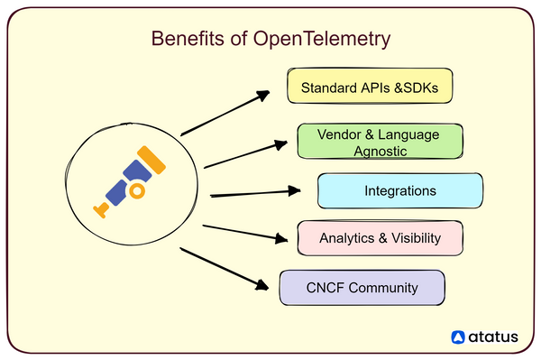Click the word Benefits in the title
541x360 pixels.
coord(180,41)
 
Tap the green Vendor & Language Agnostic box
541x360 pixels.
coord(379,143)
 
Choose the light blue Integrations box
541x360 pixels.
coord(399,191)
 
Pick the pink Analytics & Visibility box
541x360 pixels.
coord(380,239)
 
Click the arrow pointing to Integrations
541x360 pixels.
coord(254,192)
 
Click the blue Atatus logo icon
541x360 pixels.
coord(459,337)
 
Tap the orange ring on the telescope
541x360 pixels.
coord(137,191)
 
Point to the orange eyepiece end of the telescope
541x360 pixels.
coord(102,210)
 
